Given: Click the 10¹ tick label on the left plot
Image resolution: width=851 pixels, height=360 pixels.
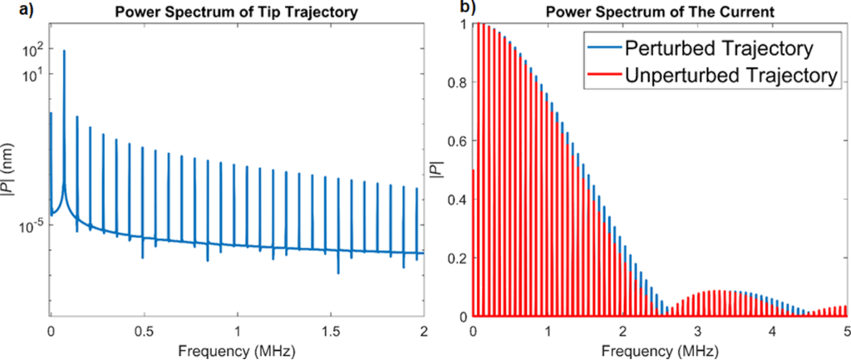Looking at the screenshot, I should tap(32, 74).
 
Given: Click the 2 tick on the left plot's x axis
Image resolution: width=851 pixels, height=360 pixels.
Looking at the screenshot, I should tap(424, 328).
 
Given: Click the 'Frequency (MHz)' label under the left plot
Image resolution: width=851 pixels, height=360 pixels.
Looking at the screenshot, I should tap(238, 348).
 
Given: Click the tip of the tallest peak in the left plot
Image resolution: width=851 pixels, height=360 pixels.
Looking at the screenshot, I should tap(64, 51).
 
